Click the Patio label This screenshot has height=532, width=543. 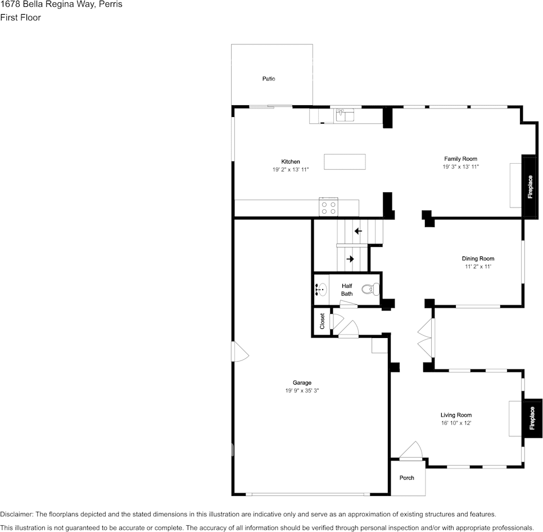tap(269, 79)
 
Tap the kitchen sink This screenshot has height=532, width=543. tap(345, 115)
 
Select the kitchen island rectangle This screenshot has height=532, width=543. tap(345, 162)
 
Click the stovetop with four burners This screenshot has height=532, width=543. tap(328, 208)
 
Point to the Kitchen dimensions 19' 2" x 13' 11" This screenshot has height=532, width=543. tap(291, 170)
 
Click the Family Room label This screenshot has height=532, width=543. tap(460, 159)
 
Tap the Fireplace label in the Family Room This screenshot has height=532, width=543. tap(530, 187)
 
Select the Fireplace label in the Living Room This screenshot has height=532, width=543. tap(532, 418)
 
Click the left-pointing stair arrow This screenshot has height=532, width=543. tap(358, 231)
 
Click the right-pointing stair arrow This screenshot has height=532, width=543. tap(350, 259)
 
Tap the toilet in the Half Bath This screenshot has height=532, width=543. tap(370, 289)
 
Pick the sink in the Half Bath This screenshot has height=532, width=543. tap(321, 290)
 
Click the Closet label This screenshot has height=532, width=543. tap(322, 321)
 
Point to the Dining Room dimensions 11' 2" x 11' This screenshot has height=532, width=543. tap(478, 267)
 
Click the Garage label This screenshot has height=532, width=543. tap(302, 383)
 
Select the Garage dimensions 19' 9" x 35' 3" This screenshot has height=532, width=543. tap(302, 391)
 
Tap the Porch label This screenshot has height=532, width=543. tap(406, 478)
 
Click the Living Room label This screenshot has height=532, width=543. tap(456, 415)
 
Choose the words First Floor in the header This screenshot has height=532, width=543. tap(20, 17)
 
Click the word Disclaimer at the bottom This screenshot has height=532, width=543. tap(17, 515)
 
